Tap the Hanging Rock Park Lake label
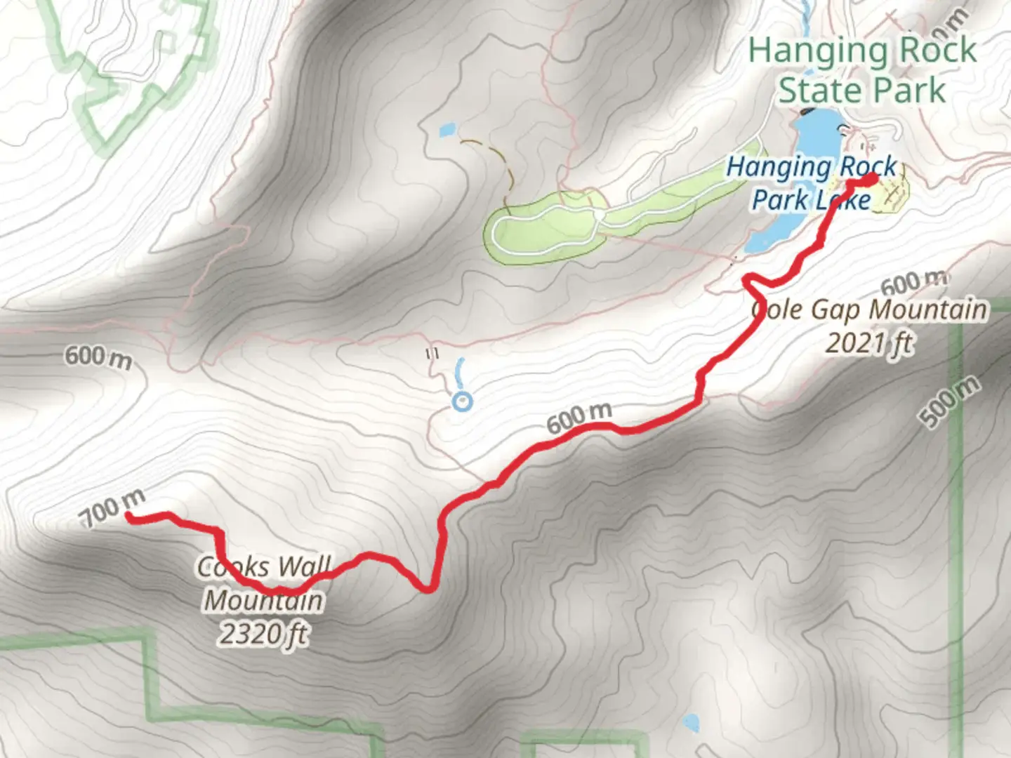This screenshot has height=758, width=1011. pos(812,183)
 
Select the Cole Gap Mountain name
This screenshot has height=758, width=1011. pos(871,310)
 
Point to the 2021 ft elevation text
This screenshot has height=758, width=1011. pos(869,343)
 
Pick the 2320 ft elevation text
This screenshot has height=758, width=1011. pos(263,634)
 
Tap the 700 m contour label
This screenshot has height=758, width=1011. pos(112,507)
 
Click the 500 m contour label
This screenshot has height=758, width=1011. pos(950,401)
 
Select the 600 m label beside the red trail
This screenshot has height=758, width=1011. pos(579,418)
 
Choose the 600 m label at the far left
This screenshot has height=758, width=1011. pos(98,357)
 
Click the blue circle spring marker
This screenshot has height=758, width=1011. pos(462,402)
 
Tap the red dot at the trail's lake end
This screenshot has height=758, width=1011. pos(869,180)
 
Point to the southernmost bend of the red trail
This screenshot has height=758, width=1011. pos(425,588)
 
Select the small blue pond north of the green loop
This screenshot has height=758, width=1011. pos(447,130)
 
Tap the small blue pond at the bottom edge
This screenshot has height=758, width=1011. pos(691,723)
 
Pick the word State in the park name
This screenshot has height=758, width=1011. pos(814,91)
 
